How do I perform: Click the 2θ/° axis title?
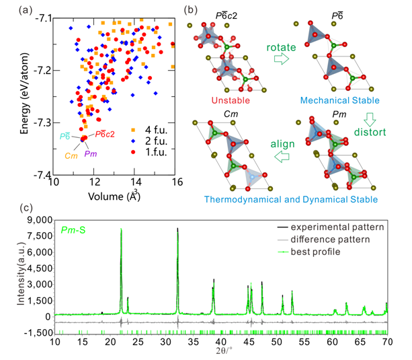click(x=220, y=352)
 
